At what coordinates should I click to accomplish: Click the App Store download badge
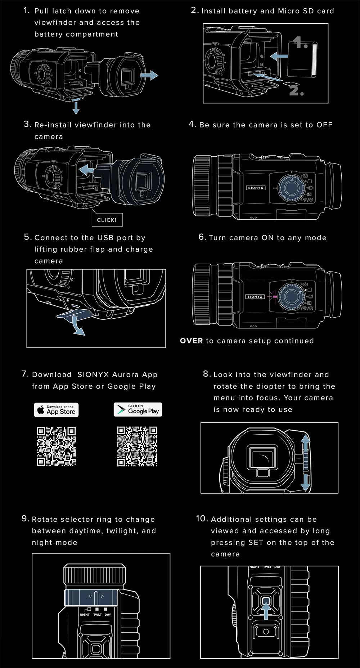pyautogui.click(x=56, y=410)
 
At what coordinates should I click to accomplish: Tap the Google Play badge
pyautogui.click(x=138, y=410)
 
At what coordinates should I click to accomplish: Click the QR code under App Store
pyautogui.click(x=56, y=446)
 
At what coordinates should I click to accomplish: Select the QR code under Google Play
pyautogui.click(x=137, y=446)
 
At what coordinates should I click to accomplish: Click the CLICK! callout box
pyautogui.click(x=107, y=220)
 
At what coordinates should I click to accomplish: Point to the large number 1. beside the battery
pyautogui.click(x=300, y=43)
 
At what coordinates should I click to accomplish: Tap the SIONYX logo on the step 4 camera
pyautogui.click(x=256, y=188)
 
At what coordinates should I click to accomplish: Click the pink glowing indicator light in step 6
pyautogui.click(x=275, y=297)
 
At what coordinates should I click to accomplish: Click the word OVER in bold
pyautogui.click(x=191, y=341)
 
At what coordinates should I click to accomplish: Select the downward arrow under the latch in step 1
pyautogui.click(x=76, y=108)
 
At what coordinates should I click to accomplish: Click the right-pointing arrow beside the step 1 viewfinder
pyautogui.click(x=149, y=75)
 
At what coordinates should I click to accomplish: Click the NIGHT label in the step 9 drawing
pyautogui.click(x=85, y=615)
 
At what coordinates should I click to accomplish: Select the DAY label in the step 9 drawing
pyautogui.click(x=108, y=615)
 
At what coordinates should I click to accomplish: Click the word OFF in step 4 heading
pyautogui.click(x=324, y=125)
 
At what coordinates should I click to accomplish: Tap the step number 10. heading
pyautogui.click(x=202, y=519)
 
